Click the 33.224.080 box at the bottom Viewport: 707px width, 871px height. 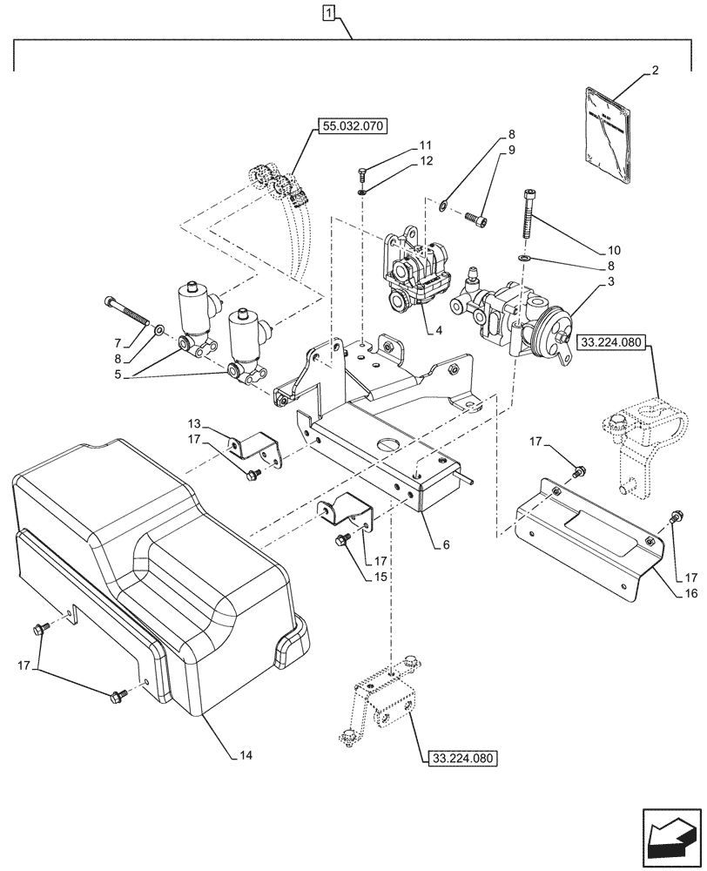click(461, 759)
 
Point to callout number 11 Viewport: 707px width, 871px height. click(424, 145)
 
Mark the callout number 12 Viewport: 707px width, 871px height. click(424, 161)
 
